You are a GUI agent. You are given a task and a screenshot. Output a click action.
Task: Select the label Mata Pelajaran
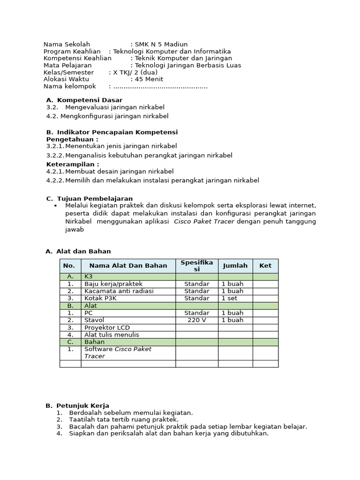click(67, 65)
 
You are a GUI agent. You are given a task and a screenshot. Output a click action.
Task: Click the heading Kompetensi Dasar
click(90, 100)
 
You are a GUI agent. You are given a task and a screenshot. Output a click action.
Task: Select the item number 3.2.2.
click(55, 155)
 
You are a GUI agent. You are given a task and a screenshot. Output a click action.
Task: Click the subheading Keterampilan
click(73, 164)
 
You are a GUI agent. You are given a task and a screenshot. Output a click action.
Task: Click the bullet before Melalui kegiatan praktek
click(55, 206)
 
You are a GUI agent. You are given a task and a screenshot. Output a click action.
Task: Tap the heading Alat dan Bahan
click(83, 251)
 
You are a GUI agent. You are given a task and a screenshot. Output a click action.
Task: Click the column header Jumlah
click(235, 265)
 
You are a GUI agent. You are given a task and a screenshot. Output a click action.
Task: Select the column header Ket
click(265, 265)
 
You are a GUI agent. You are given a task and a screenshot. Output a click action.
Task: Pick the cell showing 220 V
click(197, 320)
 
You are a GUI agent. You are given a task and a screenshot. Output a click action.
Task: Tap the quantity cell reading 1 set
click(229, 298)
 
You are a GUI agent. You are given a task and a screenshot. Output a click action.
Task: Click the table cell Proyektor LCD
click(107, 328)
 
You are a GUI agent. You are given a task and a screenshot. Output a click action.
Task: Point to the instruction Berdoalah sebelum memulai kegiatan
click(131, 412)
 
